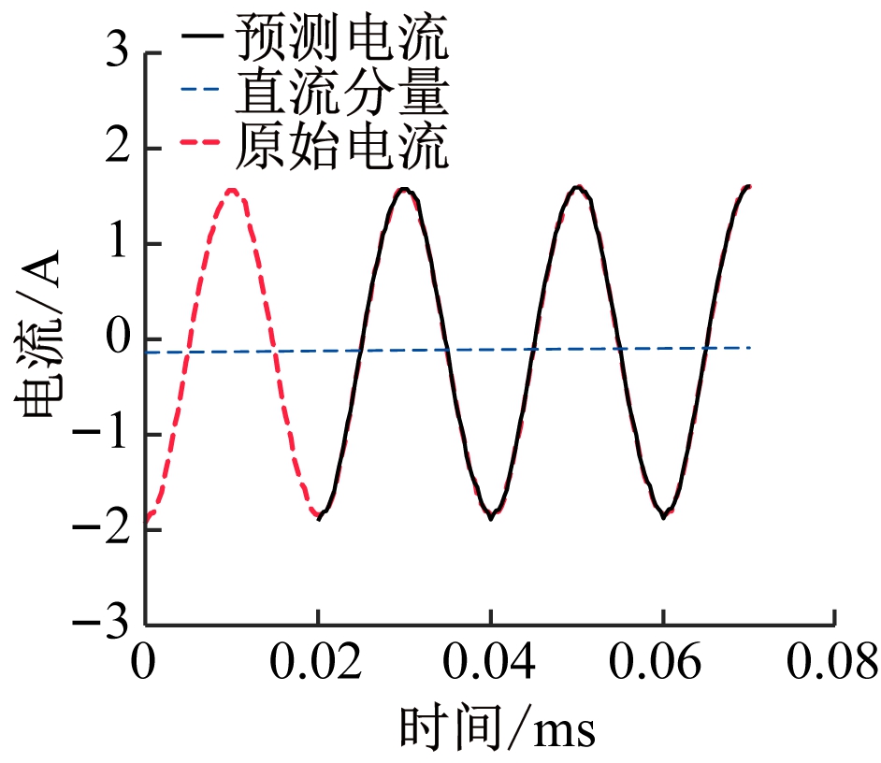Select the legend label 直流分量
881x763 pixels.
click(341, 94)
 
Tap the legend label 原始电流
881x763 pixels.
click(341, 148)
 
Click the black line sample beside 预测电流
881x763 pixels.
click(204, 39)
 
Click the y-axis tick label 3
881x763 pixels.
click(117, 54)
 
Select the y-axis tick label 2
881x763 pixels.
click(117, 150)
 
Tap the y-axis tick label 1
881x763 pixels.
click(117, 245)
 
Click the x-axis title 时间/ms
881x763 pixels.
click(498, 728)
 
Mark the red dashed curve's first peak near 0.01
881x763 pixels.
click(232, 190)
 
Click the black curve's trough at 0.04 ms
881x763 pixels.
click(490, 517)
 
